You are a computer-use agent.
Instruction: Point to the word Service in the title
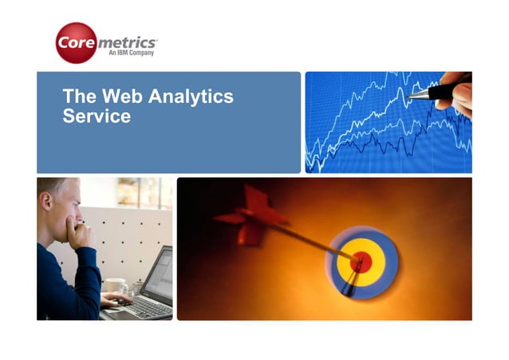click(96, 116)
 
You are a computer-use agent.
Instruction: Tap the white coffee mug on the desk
click(116, 285)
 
